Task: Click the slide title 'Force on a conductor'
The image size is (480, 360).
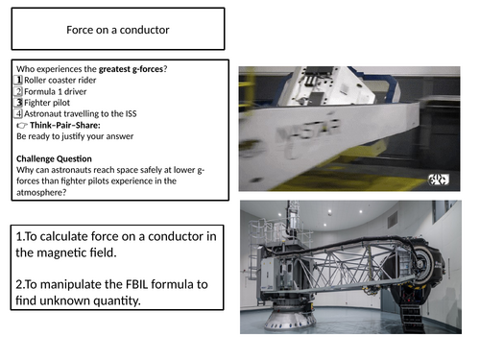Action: pos(118,30)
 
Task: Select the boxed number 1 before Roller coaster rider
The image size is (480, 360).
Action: pos(18,80)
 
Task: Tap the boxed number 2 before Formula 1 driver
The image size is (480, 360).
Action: pos(18,91)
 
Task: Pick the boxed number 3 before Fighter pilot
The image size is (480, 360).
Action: pos(18,103)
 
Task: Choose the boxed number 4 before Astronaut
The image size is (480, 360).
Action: pos(18,113)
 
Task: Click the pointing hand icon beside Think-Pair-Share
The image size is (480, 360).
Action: pos(22,125)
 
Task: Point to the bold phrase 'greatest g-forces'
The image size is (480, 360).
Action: pos(131,69)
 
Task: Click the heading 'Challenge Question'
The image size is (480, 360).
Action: pos(54,158)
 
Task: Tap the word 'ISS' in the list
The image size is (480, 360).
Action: pos(131,113)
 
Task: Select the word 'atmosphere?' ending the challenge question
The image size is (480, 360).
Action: pos(41,192)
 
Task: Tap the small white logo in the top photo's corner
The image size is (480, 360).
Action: pos(439,180)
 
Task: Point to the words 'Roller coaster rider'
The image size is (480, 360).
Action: pos(60,80)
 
